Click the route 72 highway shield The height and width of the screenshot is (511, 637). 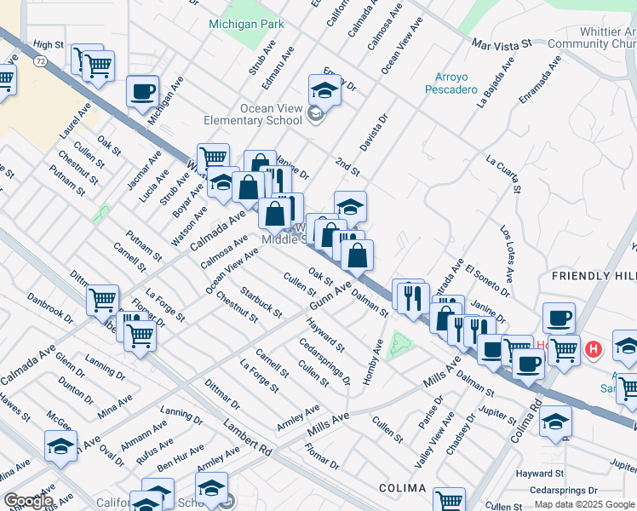coord(39,61)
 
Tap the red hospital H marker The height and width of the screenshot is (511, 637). coord(594,349)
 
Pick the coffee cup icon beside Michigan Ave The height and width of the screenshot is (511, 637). coord(142,90)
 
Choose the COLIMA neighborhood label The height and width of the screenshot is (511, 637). coord(403,488)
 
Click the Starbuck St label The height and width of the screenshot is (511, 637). coord(261,302)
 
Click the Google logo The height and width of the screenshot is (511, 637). coord(29,501)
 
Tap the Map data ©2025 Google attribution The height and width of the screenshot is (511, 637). coord(584,504)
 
